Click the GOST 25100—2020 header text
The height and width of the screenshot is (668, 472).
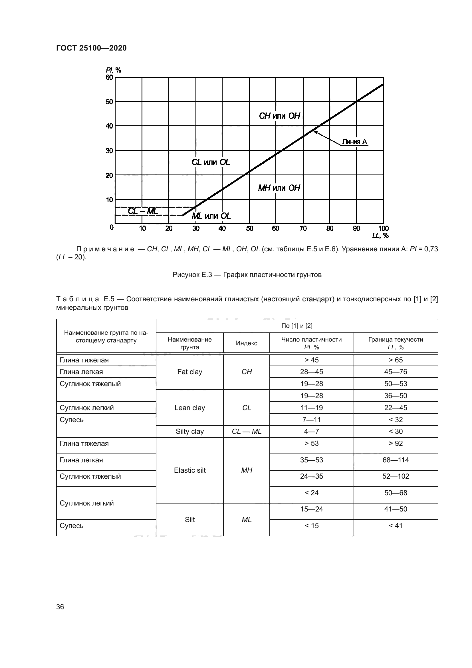click(x=91, y=48)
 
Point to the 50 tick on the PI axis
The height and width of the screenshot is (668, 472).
click(x=109, y=102)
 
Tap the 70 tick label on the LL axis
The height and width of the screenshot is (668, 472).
click(x=303, y=228)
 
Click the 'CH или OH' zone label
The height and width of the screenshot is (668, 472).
click(x=279, y=116)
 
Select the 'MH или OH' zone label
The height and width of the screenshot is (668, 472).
click(x=279, y=188)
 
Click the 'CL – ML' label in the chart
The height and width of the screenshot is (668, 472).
click(x=143, y=211)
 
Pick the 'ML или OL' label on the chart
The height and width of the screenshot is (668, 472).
click(x=211, y=216)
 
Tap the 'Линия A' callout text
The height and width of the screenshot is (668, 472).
click(x=354, y=142)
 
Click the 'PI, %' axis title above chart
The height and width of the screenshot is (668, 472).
click(x=113, y=70)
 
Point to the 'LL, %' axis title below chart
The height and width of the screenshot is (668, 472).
click(x=380, y=235)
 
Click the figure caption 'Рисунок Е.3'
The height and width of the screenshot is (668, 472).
click(x=247, y=275)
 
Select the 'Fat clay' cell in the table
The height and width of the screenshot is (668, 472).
click(x=189, y=372)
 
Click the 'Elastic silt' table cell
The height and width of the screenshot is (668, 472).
click(x=189, y=470)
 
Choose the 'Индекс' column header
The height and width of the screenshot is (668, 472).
click(x=247, y=343)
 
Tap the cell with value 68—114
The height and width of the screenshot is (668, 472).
click(x=396, y=460)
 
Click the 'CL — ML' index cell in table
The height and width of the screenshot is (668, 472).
click(x=247, y=432)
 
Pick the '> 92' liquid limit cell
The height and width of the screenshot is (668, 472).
click(x=396, y=444)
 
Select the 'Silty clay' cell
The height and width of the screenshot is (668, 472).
click(x=189, y=432)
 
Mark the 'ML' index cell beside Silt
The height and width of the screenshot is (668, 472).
click(x=247, y=519)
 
